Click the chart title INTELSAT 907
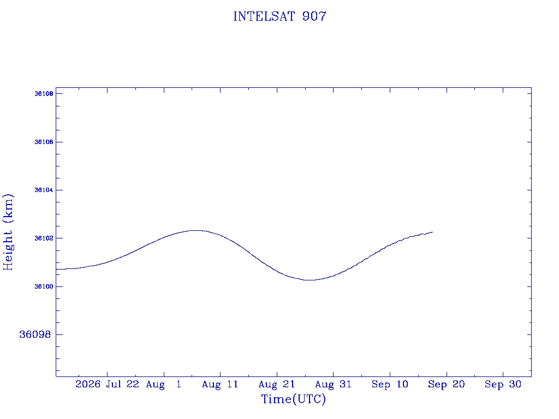(x=280, y=16)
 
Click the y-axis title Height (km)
(x=8, y=232)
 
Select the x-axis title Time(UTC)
(x=293, y=399)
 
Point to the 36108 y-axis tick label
(x=44, y=94)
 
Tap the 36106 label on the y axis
(x=44, y=142)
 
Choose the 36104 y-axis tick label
(x=44, y=190)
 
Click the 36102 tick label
(x=44, y=238)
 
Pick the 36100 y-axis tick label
(x=44, y=286)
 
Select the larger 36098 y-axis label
(x=35, y=334)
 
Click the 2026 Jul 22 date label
(x=107, y=384)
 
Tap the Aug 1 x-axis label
(x=164, y=385)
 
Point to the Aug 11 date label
(x=220, y=385)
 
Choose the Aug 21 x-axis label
(x=277, y=385)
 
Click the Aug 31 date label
(x=334, y=385)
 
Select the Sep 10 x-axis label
(x=390, y=385)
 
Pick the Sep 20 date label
(x=447, y=385)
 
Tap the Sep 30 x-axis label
(x=503, y=385)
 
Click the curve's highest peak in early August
(x=196, y=231)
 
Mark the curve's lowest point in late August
(x=310, y=280)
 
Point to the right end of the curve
(x=432, y=232)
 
